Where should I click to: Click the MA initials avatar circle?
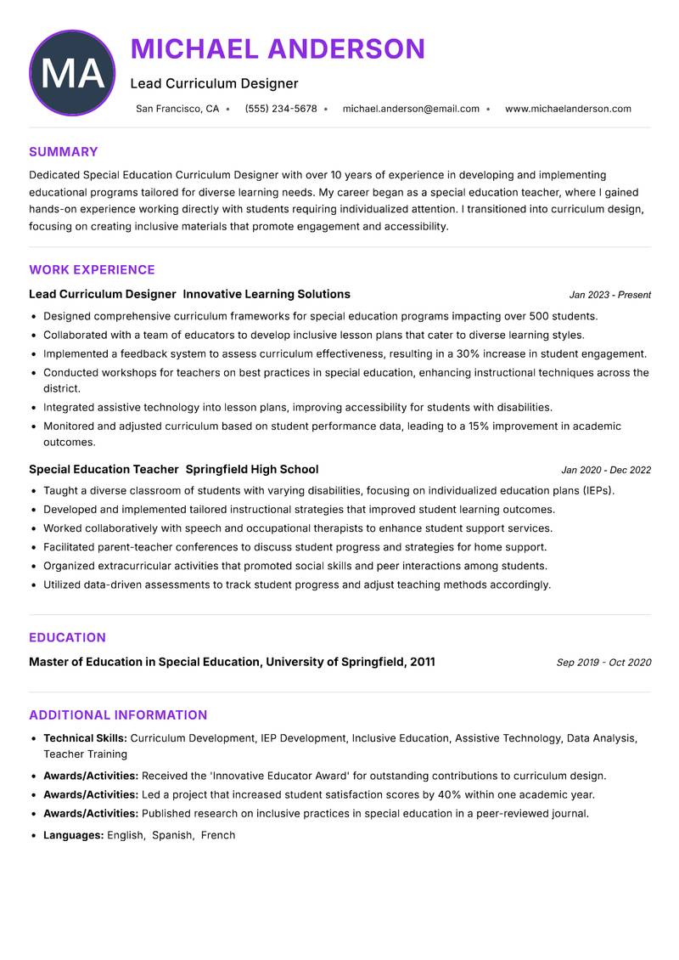[x=72, y=73]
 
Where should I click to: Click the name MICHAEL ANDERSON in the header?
[x=278, y=49]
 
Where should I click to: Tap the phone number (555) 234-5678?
[x=281, y=109]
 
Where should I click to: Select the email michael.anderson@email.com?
[x=411, y=109]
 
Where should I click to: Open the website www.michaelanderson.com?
[x=568, y=109]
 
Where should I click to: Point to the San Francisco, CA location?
[x=177, y=109]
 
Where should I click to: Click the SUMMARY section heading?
[x=64, y=152]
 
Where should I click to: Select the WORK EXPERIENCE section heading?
[x=92, y=270]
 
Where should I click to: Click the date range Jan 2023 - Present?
[x=609, y=295]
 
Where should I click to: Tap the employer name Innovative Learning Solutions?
[x=267, y=294]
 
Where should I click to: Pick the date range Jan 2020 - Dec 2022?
[x=606, y=470]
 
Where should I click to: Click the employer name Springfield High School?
[x=252, y=469]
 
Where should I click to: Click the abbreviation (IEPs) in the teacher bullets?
[x=598, y=490]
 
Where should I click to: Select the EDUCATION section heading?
[x=67, y=638]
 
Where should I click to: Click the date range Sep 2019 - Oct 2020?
[x=603, y=663]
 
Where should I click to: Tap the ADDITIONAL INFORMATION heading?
[x=118, y=715]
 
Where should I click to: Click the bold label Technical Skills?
[x=85, y=738]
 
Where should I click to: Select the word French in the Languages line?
[x=218, y=835]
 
